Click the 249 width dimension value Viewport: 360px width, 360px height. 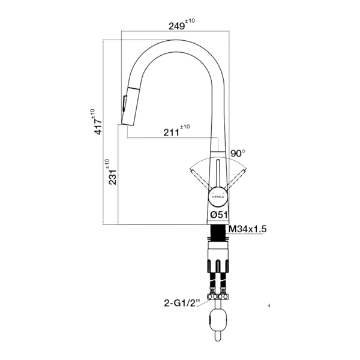coord(176,26)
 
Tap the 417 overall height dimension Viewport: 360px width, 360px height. coord(98,127)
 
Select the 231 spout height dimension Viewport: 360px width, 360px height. coord(113,177)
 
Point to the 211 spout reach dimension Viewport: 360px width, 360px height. coord(171,132)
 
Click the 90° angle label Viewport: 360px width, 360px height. coord(238,153)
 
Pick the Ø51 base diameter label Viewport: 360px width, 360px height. coord(219,215)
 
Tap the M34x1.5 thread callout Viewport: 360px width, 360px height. coord(248,229)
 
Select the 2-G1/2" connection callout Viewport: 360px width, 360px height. coord(181,303)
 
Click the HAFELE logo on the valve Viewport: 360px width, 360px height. coord(218,197)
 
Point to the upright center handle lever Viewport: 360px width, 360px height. coord(218,174)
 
